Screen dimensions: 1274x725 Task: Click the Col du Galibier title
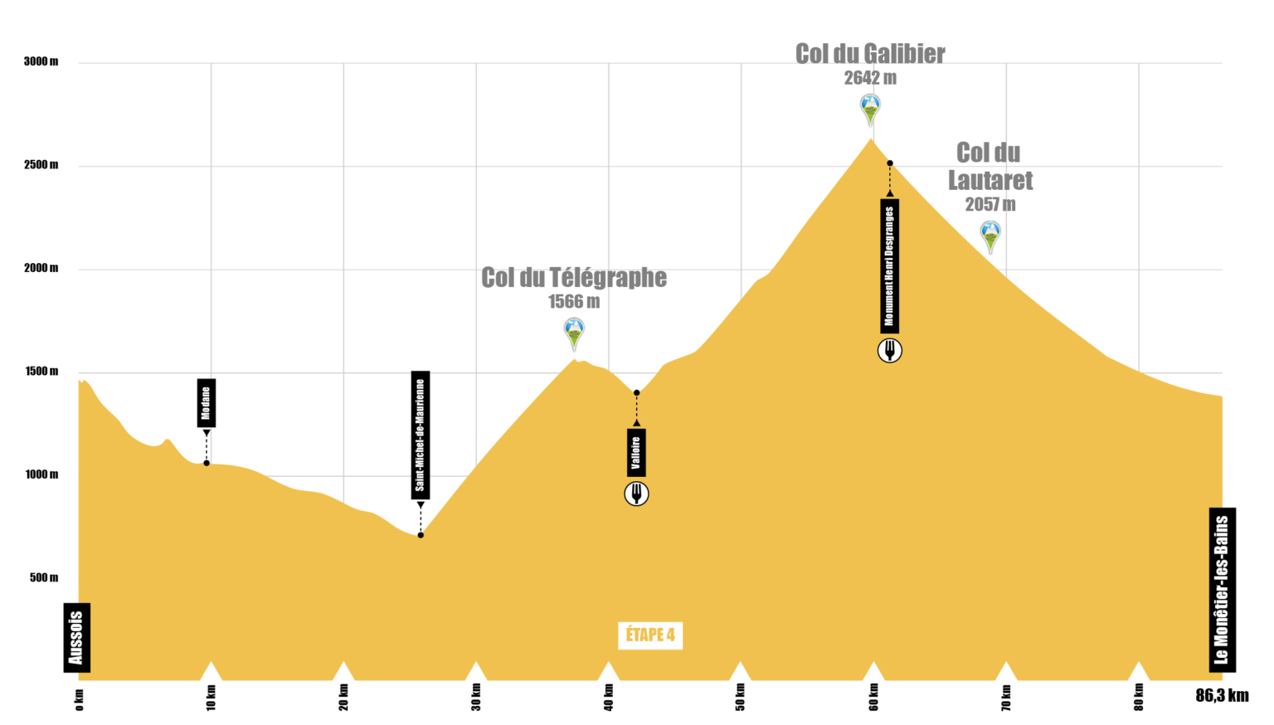click(869, 54)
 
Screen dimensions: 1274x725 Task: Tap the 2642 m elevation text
click(870, 78)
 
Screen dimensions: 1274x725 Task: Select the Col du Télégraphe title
click(574, 278)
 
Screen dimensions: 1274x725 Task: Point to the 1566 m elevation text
click(574, 301)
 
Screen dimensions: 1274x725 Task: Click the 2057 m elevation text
click(990, 204)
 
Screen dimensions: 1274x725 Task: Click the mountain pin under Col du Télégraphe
click(575, 333)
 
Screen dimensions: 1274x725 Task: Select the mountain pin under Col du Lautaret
click(991, 236)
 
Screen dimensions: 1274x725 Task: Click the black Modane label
click(207, 402)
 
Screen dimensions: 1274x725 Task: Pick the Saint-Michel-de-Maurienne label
click(421, 435)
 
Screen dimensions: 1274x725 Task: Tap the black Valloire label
click(636, 453)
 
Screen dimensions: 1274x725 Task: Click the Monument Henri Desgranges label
click(889, 265)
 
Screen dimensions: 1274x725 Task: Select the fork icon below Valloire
click(636, 494)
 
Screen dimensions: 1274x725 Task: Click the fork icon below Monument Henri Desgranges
click(889, 350)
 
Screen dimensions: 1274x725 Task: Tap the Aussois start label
click(77, 637)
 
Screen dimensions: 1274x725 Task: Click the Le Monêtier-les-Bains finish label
click(1223, 590)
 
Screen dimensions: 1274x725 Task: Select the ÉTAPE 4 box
click(650, 635)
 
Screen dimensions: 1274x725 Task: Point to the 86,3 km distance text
click(1223, 695)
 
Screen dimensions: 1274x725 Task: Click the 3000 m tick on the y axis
click(41, 61)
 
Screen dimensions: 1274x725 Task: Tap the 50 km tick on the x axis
click(741, 697)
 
